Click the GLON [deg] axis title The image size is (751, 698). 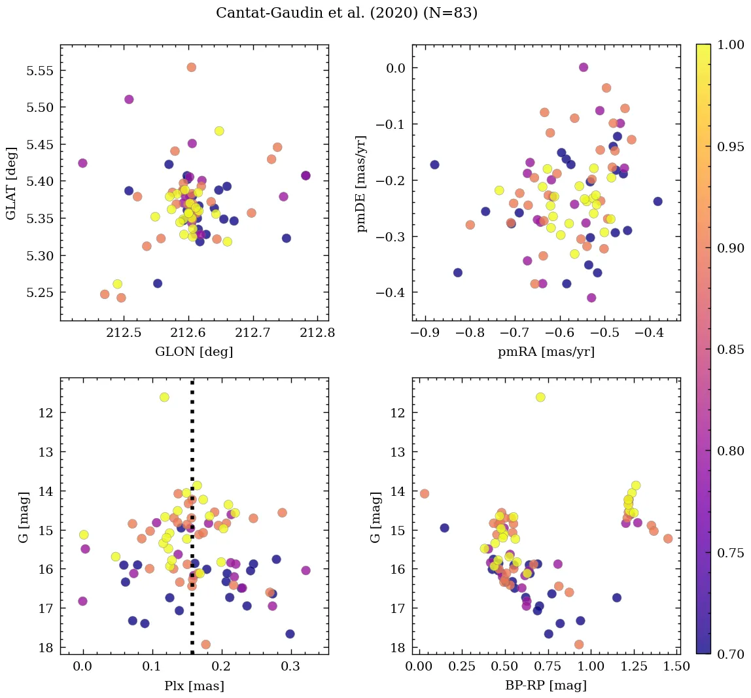click(194, 351)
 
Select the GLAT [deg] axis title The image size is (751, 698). click(11, 183)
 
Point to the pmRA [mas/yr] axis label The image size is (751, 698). click(546, 351)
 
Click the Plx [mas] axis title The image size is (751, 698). click(194, 686)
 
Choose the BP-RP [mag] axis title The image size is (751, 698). click(546, 686)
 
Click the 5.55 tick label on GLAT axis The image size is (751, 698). click(40, 71)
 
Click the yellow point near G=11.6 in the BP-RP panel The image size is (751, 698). click(540, 397)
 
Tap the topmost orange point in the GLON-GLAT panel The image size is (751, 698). click(191, 67)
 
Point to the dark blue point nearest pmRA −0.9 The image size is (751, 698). click(434, 165)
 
